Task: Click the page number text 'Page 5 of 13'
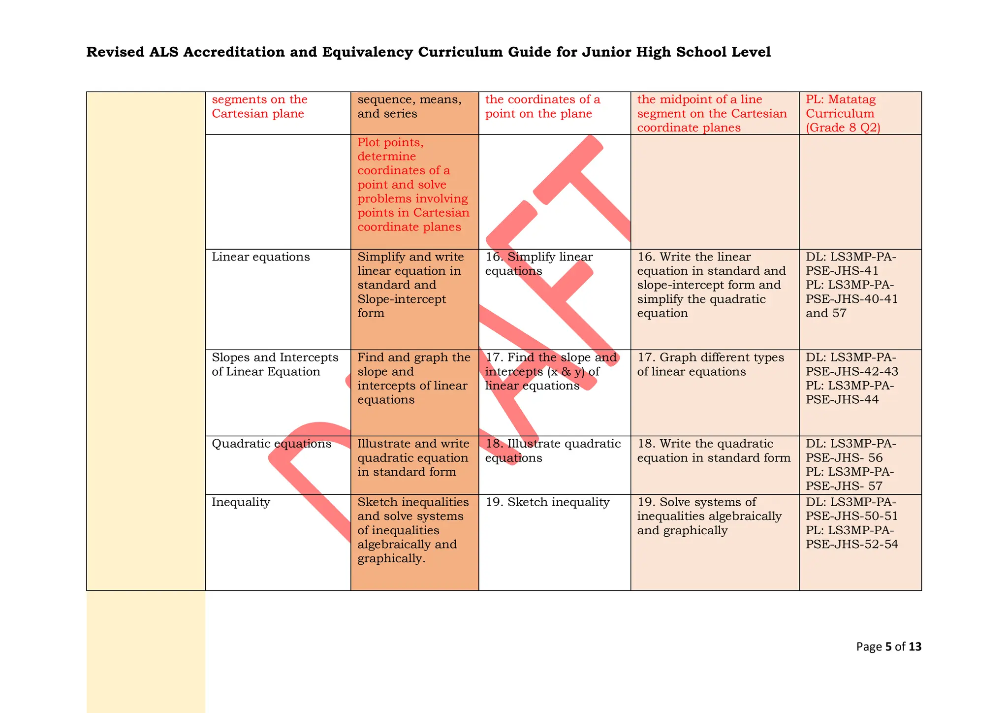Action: coord(888,647)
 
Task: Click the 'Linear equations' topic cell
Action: coord(260,257)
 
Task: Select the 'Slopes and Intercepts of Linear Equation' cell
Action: coord(275,364)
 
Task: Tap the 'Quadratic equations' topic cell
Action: coord(271,444)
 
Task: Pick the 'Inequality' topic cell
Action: coord(241,502)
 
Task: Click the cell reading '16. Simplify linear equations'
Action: coord(538,264)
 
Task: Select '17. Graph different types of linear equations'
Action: coord(710,364)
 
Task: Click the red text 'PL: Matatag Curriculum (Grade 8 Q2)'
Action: coord(843,113)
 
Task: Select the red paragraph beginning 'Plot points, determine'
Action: coord(413,185)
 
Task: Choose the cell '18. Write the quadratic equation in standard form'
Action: coord(713,451)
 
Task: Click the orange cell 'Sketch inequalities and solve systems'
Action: coord(413,530)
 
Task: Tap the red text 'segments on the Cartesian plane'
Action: coord(259,106)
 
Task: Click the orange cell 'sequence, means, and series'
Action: coord(409,106)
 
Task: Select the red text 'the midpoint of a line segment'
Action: coord(711,113)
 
